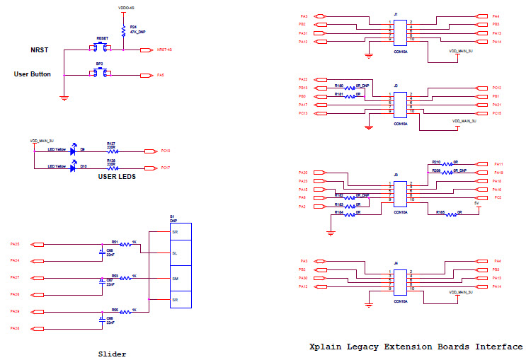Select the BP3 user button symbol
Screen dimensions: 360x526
tap(101, 74)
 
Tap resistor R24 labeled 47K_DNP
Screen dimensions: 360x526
tap(124, 30)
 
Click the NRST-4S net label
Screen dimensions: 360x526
tap(164, 50)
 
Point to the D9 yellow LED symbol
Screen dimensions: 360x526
tap(73, 151)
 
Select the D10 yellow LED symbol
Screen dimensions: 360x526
tap(73, 168)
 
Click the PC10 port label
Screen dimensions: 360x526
tap(165, 151)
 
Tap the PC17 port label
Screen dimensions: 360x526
tap(165, 168)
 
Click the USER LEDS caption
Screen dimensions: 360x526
tap(117, 177)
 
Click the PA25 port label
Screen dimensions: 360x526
tap(15, 244)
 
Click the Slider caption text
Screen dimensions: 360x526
tap(111, 353)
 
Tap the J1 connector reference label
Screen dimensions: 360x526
tap(396, 14)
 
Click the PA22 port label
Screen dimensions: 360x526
tap(303, 79)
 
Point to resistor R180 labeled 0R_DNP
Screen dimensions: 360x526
tap(348, 87)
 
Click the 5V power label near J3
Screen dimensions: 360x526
tap(476, 202)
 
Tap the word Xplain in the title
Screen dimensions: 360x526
tap(328, 347)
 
